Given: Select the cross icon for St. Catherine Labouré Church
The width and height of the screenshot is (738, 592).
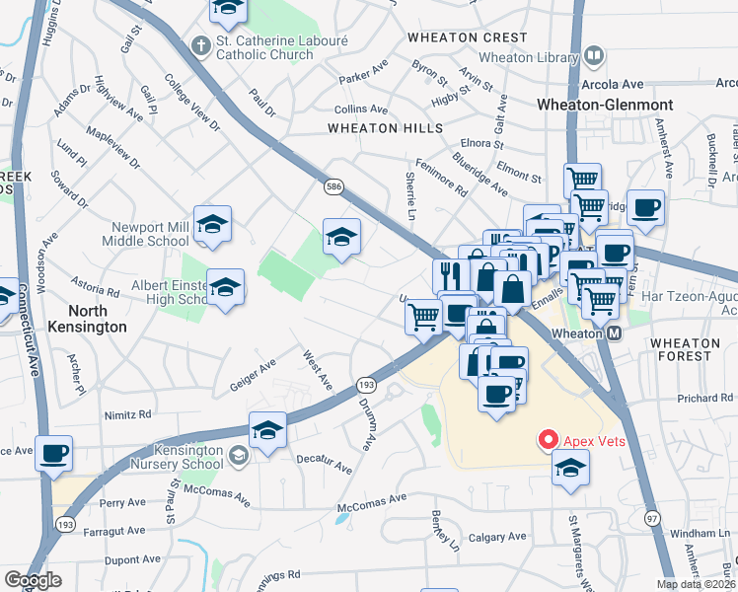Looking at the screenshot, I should (201, 45).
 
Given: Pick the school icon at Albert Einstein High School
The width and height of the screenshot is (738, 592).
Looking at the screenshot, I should (225, 287).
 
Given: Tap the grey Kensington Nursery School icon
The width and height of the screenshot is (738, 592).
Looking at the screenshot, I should (239, 455).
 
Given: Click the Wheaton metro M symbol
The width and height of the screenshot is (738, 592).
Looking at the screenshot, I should (615, 333).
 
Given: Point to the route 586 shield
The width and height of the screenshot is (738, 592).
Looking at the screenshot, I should (333, 185).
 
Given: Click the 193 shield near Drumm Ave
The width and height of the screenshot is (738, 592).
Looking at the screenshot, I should (366, 383).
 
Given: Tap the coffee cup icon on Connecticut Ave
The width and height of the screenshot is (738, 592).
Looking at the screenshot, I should (54, 453).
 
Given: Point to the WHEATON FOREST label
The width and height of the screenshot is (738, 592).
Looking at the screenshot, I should (694, 348).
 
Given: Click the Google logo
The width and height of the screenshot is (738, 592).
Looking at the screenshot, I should (33, 579).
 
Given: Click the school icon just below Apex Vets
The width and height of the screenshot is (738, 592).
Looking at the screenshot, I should (570, 469).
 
